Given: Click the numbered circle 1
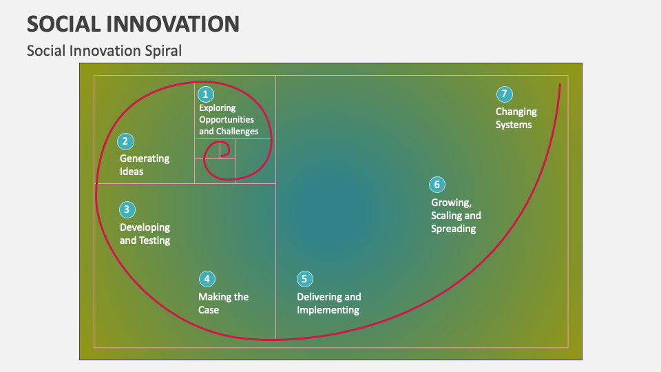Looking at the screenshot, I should tap(205, 94).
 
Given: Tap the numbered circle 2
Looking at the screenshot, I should tap(125, 141).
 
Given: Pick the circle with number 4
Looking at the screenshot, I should tap(207, 279).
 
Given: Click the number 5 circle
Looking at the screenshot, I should tap(305, 279).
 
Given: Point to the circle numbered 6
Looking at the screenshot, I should tap(437, 185).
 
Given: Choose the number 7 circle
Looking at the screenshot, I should tap(504, 94).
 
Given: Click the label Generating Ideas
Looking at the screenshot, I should tap(144, 165).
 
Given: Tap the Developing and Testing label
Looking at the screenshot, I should tap(145, 234).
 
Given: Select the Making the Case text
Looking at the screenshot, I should tap(223, 303).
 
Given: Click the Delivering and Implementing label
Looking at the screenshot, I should tap(328, 303).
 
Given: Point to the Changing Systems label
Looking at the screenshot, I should tap(516, 118).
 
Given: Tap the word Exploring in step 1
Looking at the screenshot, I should tap(217, 107).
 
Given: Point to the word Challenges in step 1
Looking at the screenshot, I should tap(238, 131).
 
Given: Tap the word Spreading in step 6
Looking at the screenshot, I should tap(453, 229).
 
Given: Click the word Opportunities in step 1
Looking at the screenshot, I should tap(227, 119).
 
